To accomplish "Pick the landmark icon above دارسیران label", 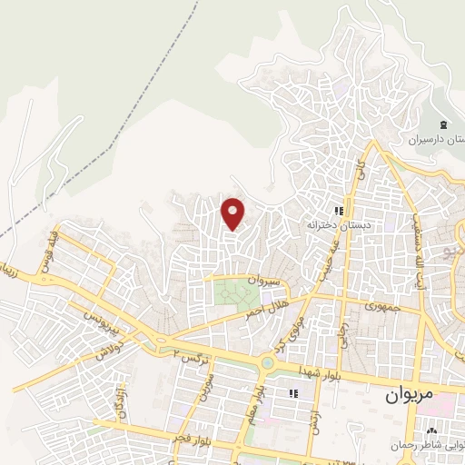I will pyautogui.click(x=444, y=124).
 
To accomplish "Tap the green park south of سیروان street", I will pyautogui.click(x=236, y=294).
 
